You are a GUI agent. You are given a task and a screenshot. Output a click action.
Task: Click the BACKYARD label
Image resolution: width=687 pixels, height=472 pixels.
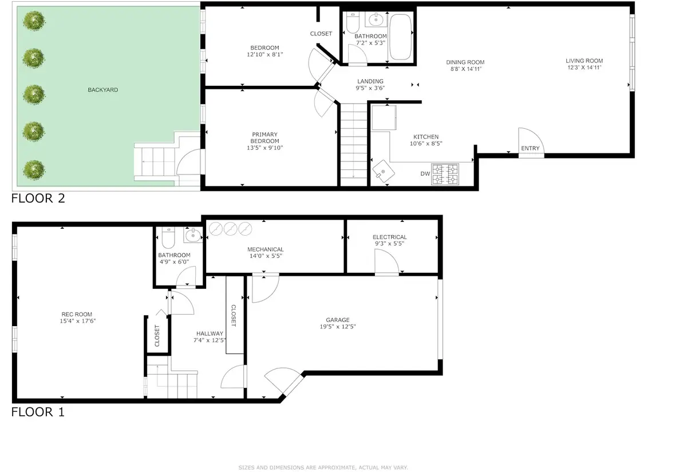[103, 90]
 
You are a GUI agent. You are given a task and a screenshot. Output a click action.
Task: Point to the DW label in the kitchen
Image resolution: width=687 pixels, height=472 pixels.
[425, 173]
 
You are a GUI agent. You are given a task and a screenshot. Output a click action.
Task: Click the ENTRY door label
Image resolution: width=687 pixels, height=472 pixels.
[530, 149]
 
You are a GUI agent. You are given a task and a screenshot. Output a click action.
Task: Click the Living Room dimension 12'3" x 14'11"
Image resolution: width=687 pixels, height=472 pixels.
[584, 68]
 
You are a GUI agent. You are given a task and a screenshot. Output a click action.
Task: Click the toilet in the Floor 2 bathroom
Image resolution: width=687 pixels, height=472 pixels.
[353, 23]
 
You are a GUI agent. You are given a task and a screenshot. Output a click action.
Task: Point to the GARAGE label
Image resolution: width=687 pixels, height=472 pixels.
[338, 320]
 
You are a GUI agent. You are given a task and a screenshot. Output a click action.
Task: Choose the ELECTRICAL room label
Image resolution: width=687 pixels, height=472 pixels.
[389, 237]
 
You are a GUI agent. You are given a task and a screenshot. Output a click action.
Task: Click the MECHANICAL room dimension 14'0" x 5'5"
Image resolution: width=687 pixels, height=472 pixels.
[265, 256]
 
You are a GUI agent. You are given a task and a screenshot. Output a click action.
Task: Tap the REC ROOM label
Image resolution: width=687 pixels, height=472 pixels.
[77, 314]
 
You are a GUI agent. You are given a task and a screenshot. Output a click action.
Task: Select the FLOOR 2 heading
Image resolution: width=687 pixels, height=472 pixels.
[38, 199]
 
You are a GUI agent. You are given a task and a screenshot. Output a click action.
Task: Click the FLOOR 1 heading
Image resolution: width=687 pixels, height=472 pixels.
[38, 411]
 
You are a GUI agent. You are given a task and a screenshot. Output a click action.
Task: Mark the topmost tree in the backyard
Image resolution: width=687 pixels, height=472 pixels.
[34, 21]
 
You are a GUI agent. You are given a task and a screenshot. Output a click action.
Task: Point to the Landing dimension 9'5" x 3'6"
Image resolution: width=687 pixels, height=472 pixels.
[370, 88]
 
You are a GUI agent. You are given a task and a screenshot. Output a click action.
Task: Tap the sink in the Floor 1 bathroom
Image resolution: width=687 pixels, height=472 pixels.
[193, 234]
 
